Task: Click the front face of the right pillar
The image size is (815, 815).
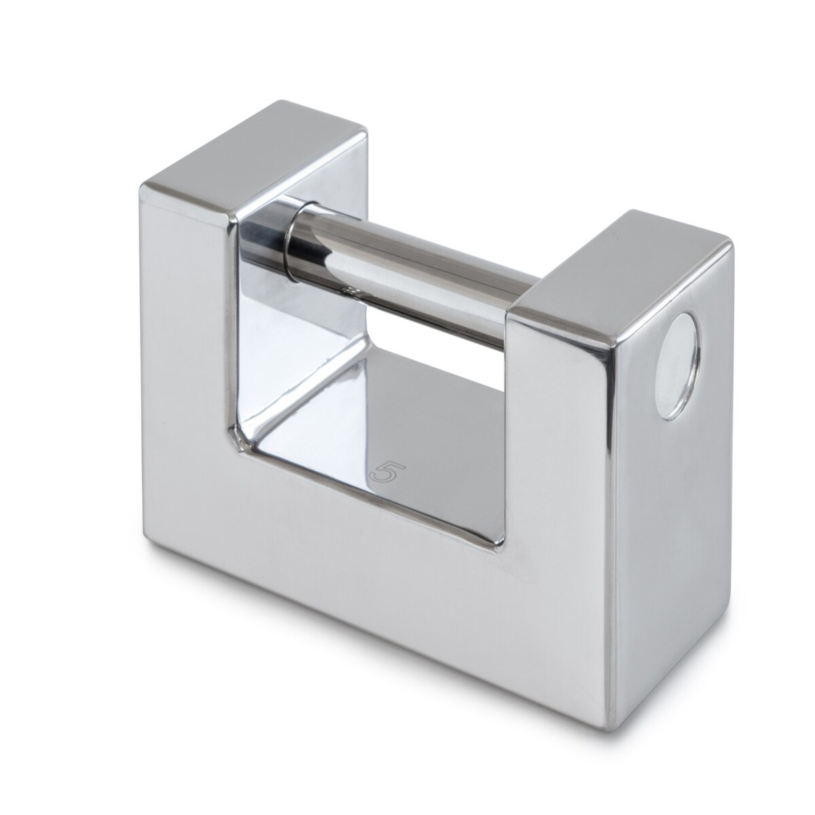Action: click(558, 423)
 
